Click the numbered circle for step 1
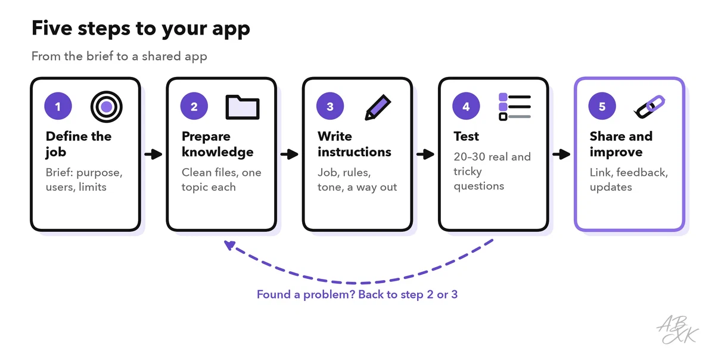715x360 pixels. pos(58,106)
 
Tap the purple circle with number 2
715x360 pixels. pos(194,106)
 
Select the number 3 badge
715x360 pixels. pos(329,106)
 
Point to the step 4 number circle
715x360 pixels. pos(466,106)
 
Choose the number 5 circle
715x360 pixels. pos(602,106)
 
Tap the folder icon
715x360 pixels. pos(243,107)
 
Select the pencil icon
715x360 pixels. pos(378,107)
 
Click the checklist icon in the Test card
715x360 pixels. pos(515,107)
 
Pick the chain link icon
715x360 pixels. pos(649,107)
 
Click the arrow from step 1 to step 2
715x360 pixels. pos(153,154)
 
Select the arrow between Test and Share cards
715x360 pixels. pos(561,154)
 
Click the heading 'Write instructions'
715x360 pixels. pos(354,144)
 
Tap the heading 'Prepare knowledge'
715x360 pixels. pos(217,144)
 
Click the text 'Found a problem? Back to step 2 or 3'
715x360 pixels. pos(357,294)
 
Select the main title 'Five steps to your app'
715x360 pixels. pos(141,29)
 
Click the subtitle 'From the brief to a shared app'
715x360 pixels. pos(119,56)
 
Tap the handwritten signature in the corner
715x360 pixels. pos(677,330)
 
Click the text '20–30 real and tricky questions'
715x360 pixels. pos(492,171)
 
